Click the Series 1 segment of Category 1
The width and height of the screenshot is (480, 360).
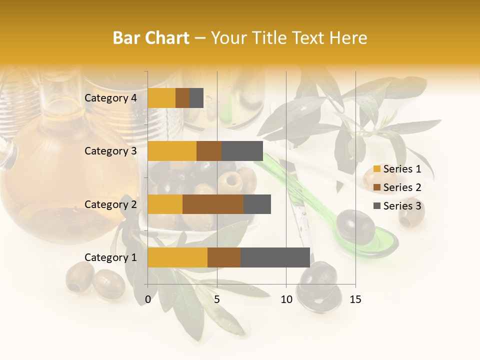177,257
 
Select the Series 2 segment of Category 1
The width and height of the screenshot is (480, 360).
224,257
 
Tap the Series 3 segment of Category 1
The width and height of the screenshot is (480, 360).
275,257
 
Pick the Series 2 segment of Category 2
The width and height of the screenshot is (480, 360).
213,204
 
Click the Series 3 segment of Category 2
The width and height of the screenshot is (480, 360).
257,204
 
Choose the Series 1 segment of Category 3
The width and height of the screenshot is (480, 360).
172,151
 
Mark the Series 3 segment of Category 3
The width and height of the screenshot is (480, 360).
242,151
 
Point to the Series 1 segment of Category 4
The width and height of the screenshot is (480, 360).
161,98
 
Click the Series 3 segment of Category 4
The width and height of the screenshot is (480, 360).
196,98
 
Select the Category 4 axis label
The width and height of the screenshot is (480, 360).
110,98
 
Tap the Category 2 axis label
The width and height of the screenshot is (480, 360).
110,204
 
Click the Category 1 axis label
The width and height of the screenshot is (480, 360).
110,257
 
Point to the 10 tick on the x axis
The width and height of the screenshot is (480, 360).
286,299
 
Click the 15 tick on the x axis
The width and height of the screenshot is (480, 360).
355,299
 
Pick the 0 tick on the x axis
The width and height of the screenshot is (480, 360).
148,299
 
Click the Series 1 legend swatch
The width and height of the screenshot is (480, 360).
377,169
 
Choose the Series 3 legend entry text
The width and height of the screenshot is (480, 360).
402,206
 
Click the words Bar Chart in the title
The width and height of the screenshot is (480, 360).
150,38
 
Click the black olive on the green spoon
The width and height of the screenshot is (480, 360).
355,226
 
